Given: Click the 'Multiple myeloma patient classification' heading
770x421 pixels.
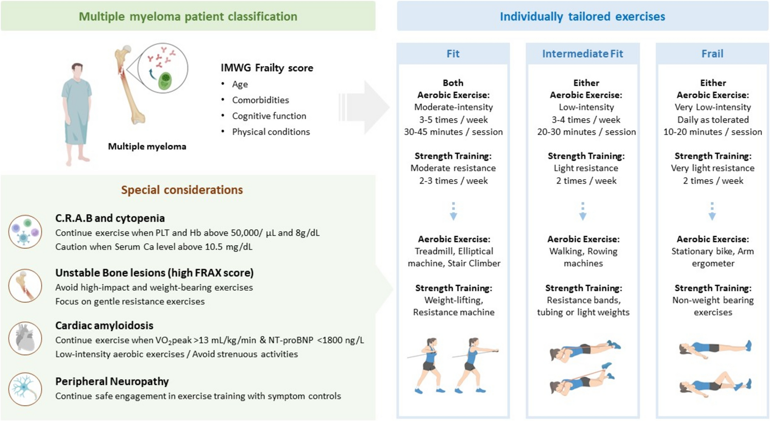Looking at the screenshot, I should click(x=188, y=17).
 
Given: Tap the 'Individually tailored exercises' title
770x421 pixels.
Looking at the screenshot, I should click(x=582, y=17).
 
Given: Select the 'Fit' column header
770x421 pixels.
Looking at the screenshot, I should click(x=453, y=54).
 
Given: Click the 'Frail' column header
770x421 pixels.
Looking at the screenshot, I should click(x=712, y=54).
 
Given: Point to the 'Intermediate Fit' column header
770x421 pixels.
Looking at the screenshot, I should click(x=582, y=54).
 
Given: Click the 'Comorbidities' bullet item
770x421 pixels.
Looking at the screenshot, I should click(x=260, y=100).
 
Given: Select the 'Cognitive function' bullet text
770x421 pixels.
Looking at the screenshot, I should click(x=269, y=116).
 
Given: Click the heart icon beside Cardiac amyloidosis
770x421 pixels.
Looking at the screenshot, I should click(x=25, y=338).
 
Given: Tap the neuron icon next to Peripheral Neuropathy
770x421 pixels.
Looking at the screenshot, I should click(x=25, y=389).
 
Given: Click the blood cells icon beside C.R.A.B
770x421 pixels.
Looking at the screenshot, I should click(x=25, y=232).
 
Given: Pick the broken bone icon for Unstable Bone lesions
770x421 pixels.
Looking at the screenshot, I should click(x=25, y=286).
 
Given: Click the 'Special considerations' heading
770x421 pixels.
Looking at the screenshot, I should click(x=182, y=190).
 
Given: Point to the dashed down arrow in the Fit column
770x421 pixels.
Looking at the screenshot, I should click(x=453, y=212).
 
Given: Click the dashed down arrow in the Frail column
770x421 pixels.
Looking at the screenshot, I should click(x=712, y=212).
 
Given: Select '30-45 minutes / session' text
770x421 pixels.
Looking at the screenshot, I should click(x=453, y=132).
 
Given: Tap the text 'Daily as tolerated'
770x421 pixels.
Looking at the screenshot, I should click(x=713, y=120).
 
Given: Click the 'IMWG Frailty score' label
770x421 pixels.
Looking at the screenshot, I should click(x=267, y=68).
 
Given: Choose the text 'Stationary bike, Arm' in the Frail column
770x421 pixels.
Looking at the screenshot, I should click(x=712, y=251).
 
